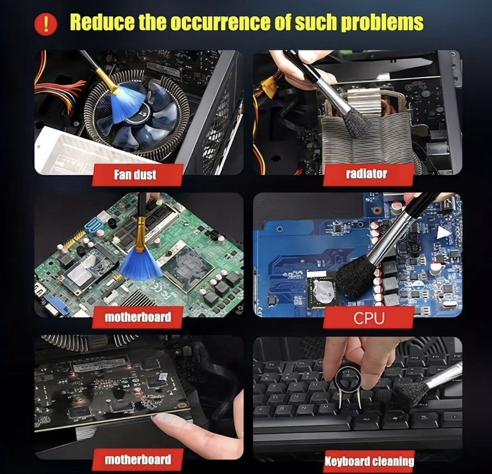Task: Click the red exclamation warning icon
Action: click(x=46, y=24)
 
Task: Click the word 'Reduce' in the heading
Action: click(x=102, y=22)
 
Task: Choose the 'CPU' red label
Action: click(x=369, y=318)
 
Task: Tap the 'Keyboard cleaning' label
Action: click(x=369, y=461)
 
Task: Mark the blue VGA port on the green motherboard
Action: click(x=56, y=305)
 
